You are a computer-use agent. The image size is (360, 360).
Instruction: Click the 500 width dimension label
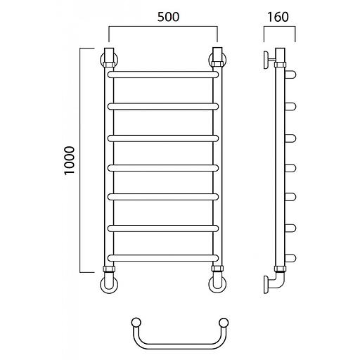[x=168, y=17]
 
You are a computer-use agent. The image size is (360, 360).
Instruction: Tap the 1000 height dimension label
[x=70, y=161]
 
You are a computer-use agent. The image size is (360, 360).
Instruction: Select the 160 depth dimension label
[x=278, y=17]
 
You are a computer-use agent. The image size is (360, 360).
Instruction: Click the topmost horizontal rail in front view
[x=163, y=75]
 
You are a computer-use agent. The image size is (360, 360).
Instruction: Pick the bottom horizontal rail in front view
[x=163, y=258]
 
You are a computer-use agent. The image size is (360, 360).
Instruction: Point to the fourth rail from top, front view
[x=163, y=168]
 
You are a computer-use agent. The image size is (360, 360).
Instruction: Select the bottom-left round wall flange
[x=109, y=285]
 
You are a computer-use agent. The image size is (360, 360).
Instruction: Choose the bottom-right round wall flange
[x=217, y=285]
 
